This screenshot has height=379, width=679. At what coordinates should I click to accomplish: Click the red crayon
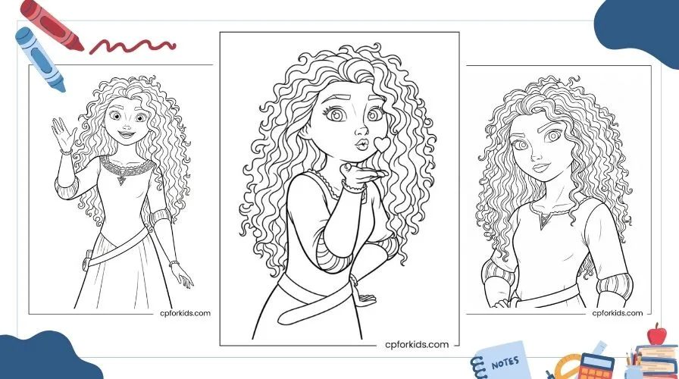pos(52,25)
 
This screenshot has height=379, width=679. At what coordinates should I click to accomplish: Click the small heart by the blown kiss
pos(381,144)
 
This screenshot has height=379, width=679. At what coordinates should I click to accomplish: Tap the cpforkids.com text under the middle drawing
pos(417,345)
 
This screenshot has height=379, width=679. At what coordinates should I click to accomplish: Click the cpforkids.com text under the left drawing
pos(185,313)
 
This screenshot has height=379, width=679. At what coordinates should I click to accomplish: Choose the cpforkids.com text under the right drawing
pos(618,313)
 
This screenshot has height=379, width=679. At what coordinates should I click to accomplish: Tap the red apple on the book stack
pos(657,335)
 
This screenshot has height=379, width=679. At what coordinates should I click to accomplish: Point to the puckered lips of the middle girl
pos(361,144)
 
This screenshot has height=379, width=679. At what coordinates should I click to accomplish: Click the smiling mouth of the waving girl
pos(126,134)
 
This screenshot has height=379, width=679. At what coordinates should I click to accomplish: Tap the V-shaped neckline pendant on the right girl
pos(543,223)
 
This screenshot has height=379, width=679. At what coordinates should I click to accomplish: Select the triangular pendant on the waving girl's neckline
pos(121,180)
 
